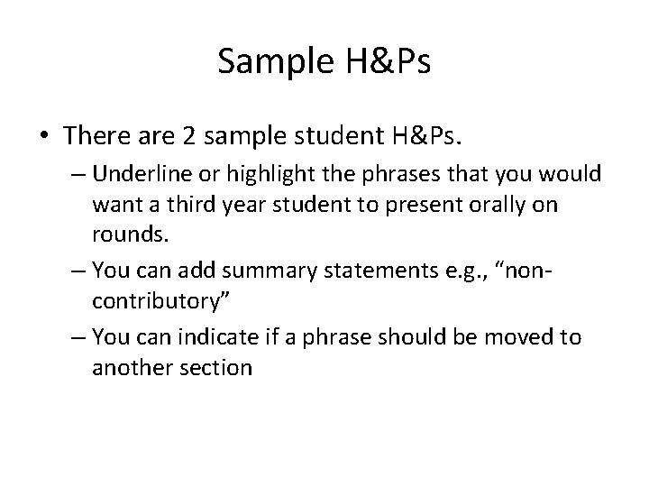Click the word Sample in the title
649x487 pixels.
click(274, 61)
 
